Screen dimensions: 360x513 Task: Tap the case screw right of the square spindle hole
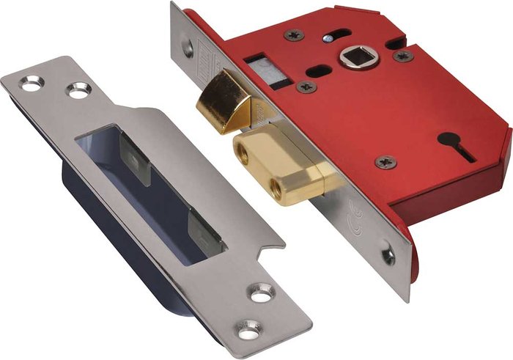[x=402, y=56]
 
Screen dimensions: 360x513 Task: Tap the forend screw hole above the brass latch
[x=187, y=50]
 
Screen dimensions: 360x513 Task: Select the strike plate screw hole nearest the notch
[x=260, y=293]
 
